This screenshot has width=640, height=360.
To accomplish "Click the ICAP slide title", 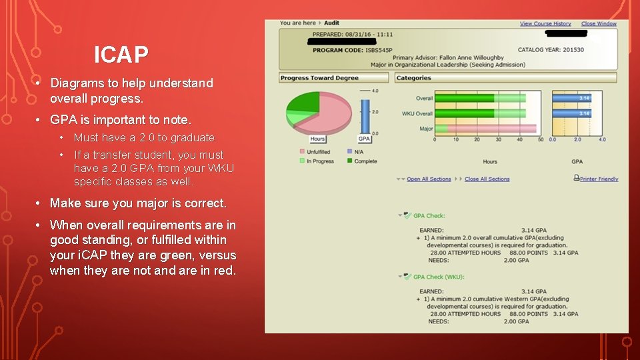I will point(121,55).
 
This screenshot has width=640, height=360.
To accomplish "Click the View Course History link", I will point(545,24).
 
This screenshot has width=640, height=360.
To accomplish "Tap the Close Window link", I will point(599,24).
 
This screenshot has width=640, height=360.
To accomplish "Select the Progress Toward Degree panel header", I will point(319,78).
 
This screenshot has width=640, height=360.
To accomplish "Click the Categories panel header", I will point(414,78).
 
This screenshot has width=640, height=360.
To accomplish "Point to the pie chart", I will point(319,110).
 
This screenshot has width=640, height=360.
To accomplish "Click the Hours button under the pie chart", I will point(318,139).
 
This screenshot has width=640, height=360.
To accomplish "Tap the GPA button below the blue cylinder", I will point(364,139).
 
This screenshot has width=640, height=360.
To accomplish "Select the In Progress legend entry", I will point(320,161).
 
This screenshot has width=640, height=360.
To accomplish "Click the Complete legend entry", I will point(365,161).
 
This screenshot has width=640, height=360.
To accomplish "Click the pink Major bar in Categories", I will point(487,129).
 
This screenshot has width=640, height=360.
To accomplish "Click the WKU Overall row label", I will point(417,113).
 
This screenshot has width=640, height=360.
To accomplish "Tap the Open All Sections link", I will point(429,179).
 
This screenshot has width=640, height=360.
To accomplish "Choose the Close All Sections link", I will point(487,179).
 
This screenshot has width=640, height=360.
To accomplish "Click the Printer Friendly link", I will point(599,179).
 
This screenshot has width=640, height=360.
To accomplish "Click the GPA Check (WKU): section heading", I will point(438,277).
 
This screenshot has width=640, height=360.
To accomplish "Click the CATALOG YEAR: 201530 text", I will point(551,50).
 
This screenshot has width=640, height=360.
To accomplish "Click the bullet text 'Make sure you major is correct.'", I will point(138,203).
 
